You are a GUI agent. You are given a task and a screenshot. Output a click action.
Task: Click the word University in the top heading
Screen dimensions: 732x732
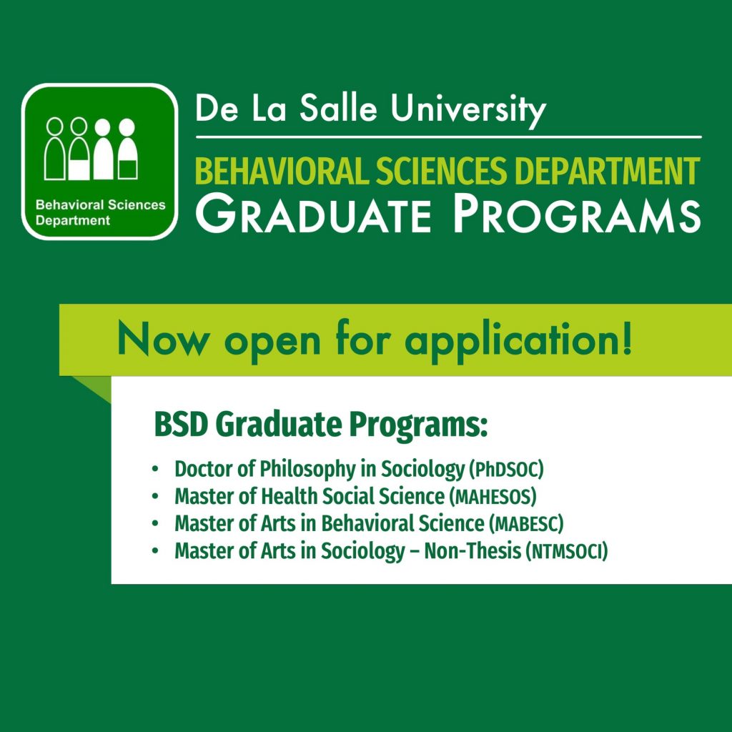click(468, 110)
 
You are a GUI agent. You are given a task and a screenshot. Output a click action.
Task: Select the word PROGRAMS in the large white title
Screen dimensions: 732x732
click(577, 214)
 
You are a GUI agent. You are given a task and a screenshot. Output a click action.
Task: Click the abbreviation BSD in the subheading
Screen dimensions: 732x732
click(180, 425)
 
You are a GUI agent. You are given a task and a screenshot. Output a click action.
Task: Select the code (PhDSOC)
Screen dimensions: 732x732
click(506, 469)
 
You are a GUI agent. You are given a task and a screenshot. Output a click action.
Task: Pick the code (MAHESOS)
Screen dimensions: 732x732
click(493, 496)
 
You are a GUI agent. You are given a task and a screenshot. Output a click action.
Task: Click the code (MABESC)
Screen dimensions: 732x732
click(526, 524)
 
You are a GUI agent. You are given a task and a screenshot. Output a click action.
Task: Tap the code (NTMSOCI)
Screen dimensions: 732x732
click(567, 551)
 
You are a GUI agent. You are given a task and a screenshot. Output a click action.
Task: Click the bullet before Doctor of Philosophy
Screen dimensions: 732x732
click(155, 469)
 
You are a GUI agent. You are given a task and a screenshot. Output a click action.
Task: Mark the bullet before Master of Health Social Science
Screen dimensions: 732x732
click(155, 496)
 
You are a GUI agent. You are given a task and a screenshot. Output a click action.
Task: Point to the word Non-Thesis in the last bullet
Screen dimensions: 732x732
click(473, 551)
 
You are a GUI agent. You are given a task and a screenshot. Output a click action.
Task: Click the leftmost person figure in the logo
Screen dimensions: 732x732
click(54, 149)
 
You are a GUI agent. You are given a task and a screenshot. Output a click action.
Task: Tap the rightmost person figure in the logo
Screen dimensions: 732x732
click(127, 149)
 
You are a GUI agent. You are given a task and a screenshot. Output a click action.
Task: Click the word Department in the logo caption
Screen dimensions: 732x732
click(73, 220)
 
